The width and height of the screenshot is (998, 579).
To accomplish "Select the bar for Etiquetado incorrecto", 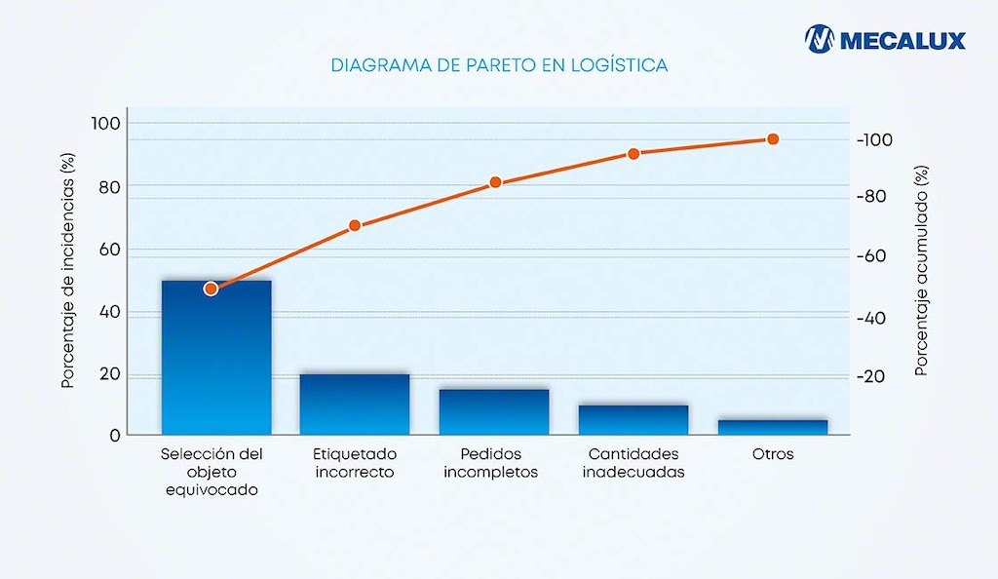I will pos(355,404).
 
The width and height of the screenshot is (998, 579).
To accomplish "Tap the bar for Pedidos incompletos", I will pos(494,411).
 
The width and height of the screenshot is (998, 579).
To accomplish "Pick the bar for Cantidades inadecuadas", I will pos(633,419).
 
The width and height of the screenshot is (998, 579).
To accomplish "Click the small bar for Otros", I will pos(772,427).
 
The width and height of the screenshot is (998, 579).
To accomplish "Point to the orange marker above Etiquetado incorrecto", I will pos(355,225).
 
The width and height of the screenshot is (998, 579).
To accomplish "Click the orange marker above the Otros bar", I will pos(773,139).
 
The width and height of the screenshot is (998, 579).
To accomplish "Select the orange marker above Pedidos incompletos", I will pos(495,182).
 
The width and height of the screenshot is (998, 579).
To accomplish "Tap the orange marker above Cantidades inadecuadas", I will pos(633,154).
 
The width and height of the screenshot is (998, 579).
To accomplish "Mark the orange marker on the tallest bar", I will pos(211,289).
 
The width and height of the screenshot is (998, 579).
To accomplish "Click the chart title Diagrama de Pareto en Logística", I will pos(499,66).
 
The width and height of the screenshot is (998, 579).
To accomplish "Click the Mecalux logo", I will pos(885,40).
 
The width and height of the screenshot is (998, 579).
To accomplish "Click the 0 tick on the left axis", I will pos(114,435).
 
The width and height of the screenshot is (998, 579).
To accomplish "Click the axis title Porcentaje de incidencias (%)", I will pos(68,270).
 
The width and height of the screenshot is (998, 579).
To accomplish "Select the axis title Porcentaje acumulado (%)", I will pos(921,271).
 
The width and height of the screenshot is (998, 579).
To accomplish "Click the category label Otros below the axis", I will pos(773,454).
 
